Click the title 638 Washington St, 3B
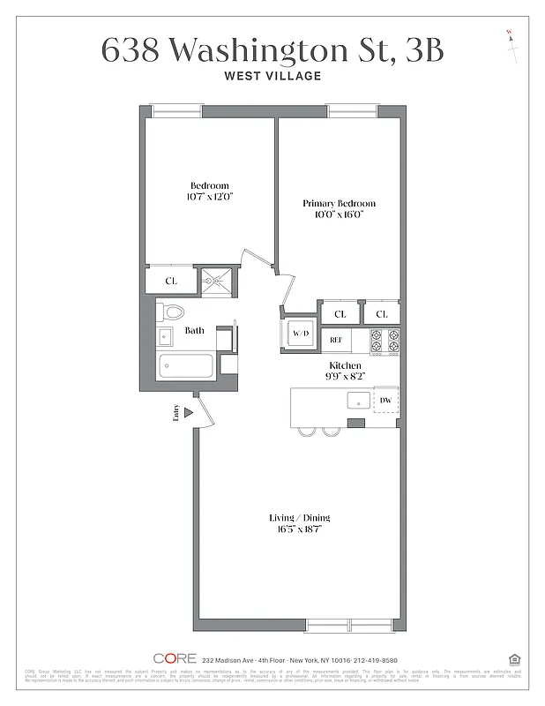coord(272,50)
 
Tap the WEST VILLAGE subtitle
coord(272,77)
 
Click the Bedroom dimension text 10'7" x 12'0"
coord(209,196)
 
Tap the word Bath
coord(194,331)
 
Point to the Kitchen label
coord(345,365)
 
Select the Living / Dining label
coord(300,517)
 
